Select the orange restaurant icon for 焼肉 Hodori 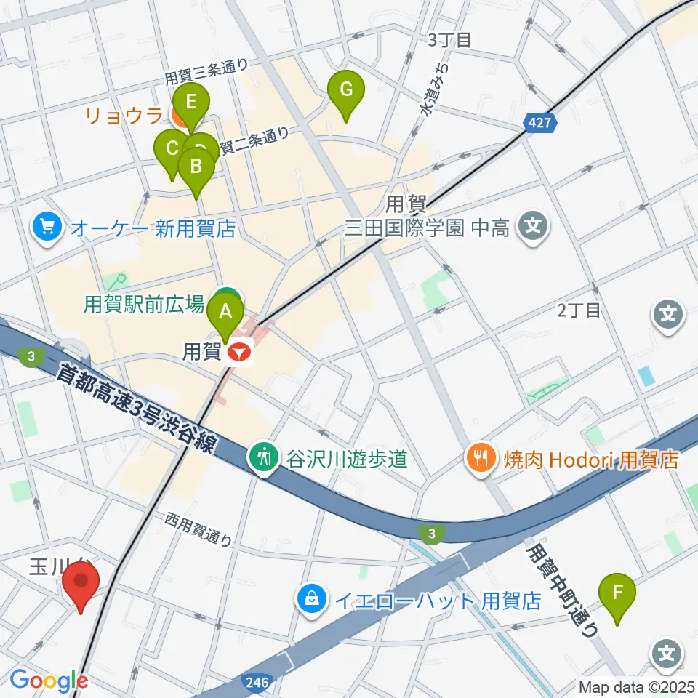[481, 459]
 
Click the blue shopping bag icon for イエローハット [311, 600]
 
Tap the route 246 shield [256, 681]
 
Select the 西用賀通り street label [198, 529]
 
